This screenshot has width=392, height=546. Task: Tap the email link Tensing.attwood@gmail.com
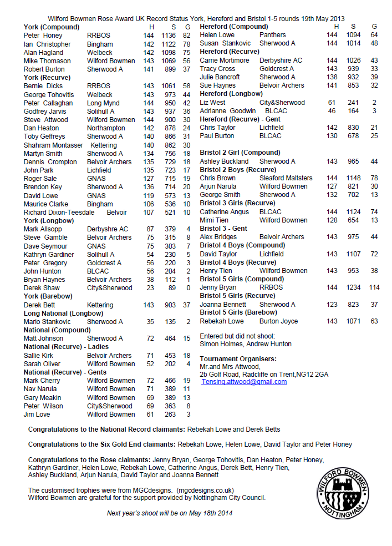tap(244, 382)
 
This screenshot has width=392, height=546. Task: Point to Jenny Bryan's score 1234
tap(353, 287)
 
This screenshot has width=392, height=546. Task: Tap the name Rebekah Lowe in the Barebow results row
tap(221, 321)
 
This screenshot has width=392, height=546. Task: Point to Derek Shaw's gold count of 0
tap(189, 288)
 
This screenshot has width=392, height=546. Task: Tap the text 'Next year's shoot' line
tap(170, 513)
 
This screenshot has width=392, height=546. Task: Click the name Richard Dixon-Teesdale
tap(59, 213)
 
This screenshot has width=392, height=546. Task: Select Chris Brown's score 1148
tap(353, 178)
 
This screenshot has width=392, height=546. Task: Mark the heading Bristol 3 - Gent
tap(223, 229)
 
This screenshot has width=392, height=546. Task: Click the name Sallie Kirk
tap(39, 356)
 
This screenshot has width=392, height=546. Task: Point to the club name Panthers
tap(272, 35)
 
